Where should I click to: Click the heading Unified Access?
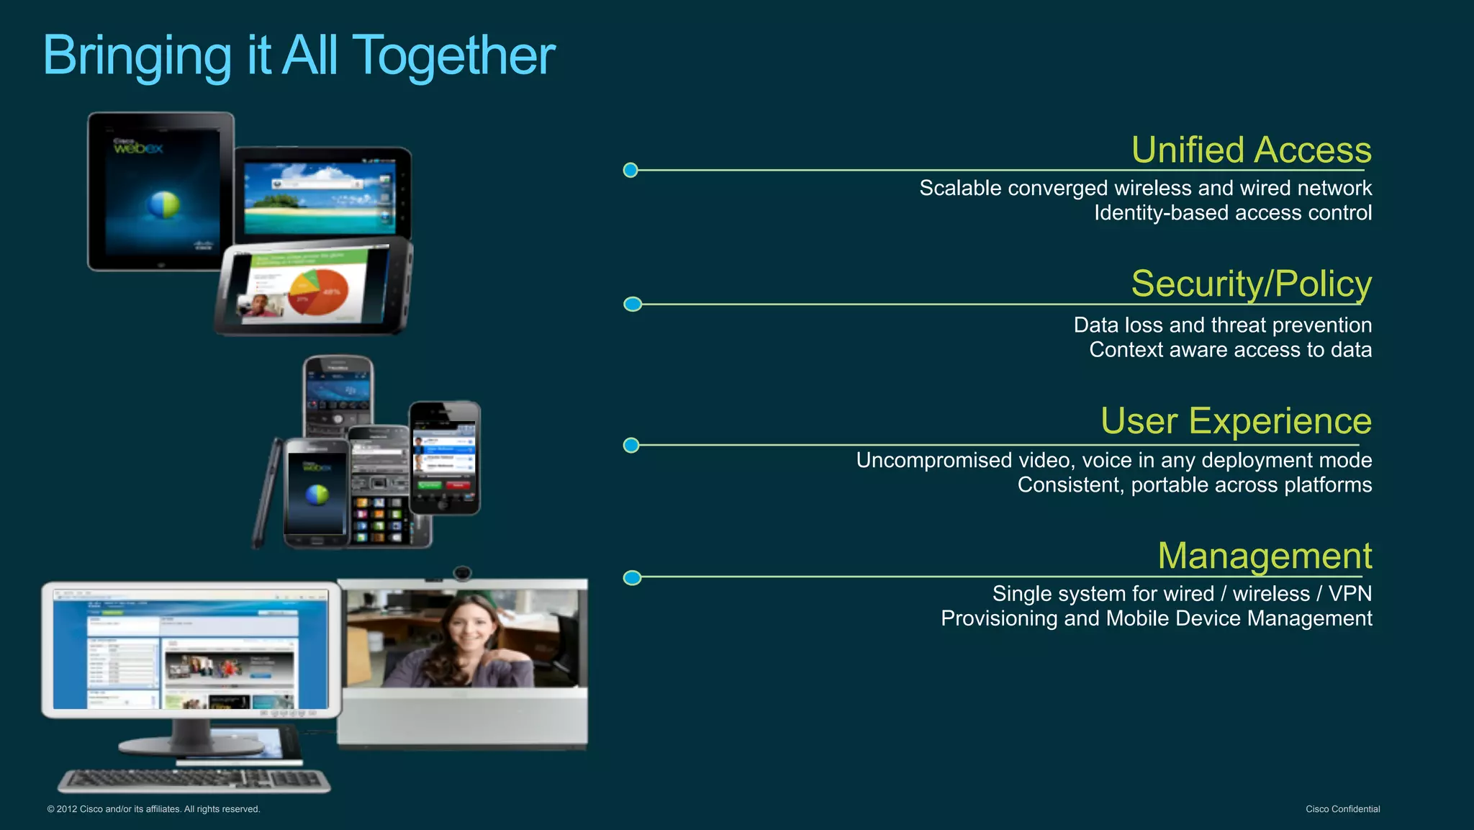tap(1251, 150)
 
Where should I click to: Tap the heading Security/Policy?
tap(1251, 284)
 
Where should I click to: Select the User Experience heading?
tap(1235, 421)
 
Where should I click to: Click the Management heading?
tap(1264, 556)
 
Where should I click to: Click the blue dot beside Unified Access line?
tap(630, 171)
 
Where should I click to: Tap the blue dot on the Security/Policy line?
tap(632, 305)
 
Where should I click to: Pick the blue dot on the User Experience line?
tap(631, 446)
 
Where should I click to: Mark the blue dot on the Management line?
tap(632, 578)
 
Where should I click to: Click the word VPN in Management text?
tap(1349, 594)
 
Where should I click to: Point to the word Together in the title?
tap(455, 56)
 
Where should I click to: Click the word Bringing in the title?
tap(137, 56)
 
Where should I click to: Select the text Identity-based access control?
tap(1232, 213)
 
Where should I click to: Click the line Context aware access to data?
tap(1230, 350)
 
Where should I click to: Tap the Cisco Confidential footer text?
tap(1342, 809)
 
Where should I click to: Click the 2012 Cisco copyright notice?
tap(153, 809)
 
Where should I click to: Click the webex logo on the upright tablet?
tap(137, 148)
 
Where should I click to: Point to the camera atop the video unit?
tap(462, 573)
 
